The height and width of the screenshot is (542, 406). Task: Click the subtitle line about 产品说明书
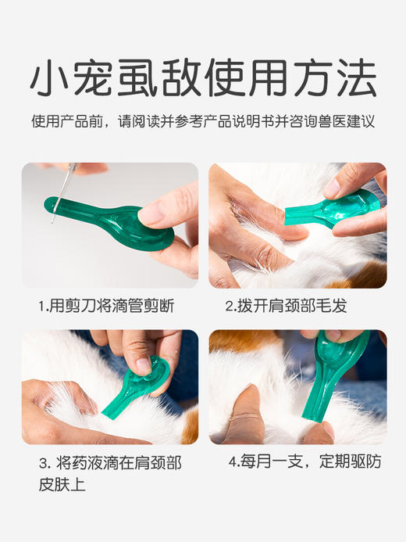[x=203, y=122]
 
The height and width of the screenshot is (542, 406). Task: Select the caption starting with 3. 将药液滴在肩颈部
[x=109, y=463]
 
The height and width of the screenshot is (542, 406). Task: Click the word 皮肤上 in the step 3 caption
[x=65, y=485]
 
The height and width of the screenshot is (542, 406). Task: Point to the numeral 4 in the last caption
[x=233, y=461]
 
